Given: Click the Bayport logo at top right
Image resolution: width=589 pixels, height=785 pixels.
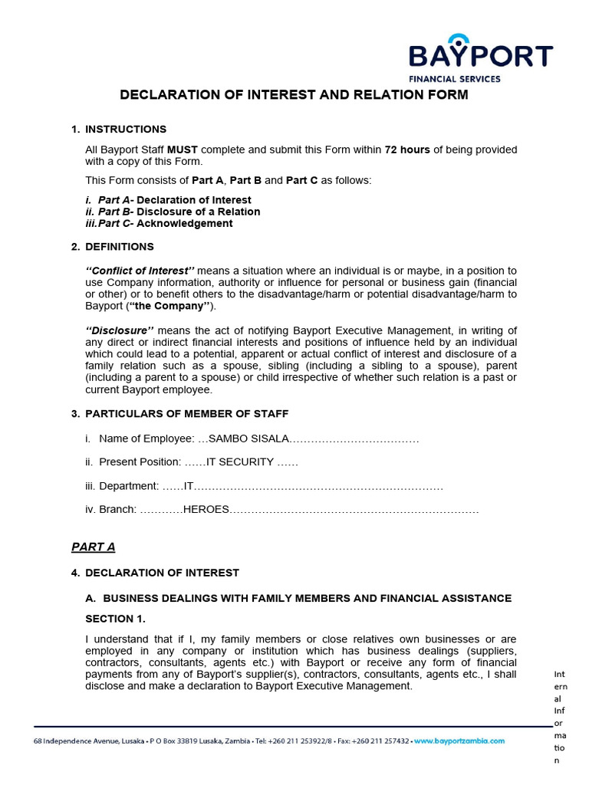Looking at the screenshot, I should [480, 57].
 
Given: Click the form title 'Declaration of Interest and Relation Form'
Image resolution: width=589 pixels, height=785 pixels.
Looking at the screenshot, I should [294, 95].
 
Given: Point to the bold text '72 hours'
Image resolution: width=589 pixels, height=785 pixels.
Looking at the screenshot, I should [407, 149].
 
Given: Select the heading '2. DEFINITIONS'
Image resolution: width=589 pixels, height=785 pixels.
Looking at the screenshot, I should [119, 247].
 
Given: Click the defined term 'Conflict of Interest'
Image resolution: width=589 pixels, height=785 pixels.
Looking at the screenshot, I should [140, 271].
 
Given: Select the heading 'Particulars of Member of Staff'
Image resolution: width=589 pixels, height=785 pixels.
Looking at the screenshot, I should [186, 414].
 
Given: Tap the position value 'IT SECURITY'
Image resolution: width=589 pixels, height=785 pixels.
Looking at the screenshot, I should [240, 462].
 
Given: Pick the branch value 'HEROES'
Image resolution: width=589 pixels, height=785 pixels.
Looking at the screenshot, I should [203, 510].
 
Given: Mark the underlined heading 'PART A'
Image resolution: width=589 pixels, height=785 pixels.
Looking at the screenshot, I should [93, 547].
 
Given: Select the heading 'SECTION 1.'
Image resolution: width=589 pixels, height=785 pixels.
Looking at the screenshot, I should [114, 619].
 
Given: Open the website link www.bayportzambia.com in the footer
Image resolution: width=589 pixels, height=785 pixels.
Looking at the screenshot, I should [459, 741].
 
